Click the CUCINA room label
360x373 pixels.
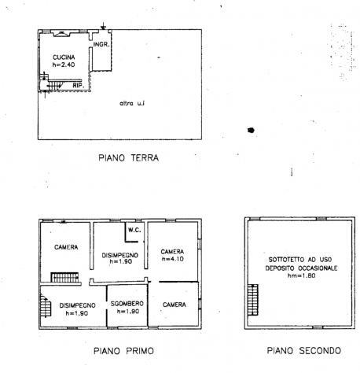click(64, 57)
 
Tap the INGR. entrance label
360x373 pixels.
click(101, 44)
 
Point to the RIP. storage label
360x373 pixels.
click(78, 85)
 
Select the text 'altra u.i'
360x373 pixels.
click(132, 103)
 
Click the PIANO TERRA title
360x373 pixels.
click(129, 158)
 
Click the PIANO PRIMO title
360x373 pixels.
click(123, 351)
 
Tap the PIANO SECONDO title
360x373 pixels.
click(304, 350)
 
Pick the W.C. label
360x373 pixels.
click(134, 230)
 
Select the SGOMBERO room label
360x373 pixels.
click(127, 304)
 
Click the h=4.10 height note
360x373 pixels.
click(173, 259)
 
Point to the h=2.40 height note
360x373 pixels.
click(64, 65)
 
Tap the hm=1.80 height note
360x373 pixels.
click(301, 275)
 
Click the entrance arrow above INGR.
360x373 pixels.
click(104, 26)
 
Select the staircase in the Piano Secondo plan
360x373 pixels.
click(253, 300)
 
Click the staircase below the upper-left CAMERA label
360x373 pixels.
click(64, 278)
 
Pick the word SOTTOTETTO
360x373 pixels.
click(287, 260)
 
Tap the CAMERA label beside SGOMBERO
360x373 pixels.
click(174, 305)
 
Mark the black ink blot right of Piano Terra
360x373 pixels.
click(251, 130)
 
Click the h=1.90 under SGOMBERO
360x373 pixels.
click(128, 312)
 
